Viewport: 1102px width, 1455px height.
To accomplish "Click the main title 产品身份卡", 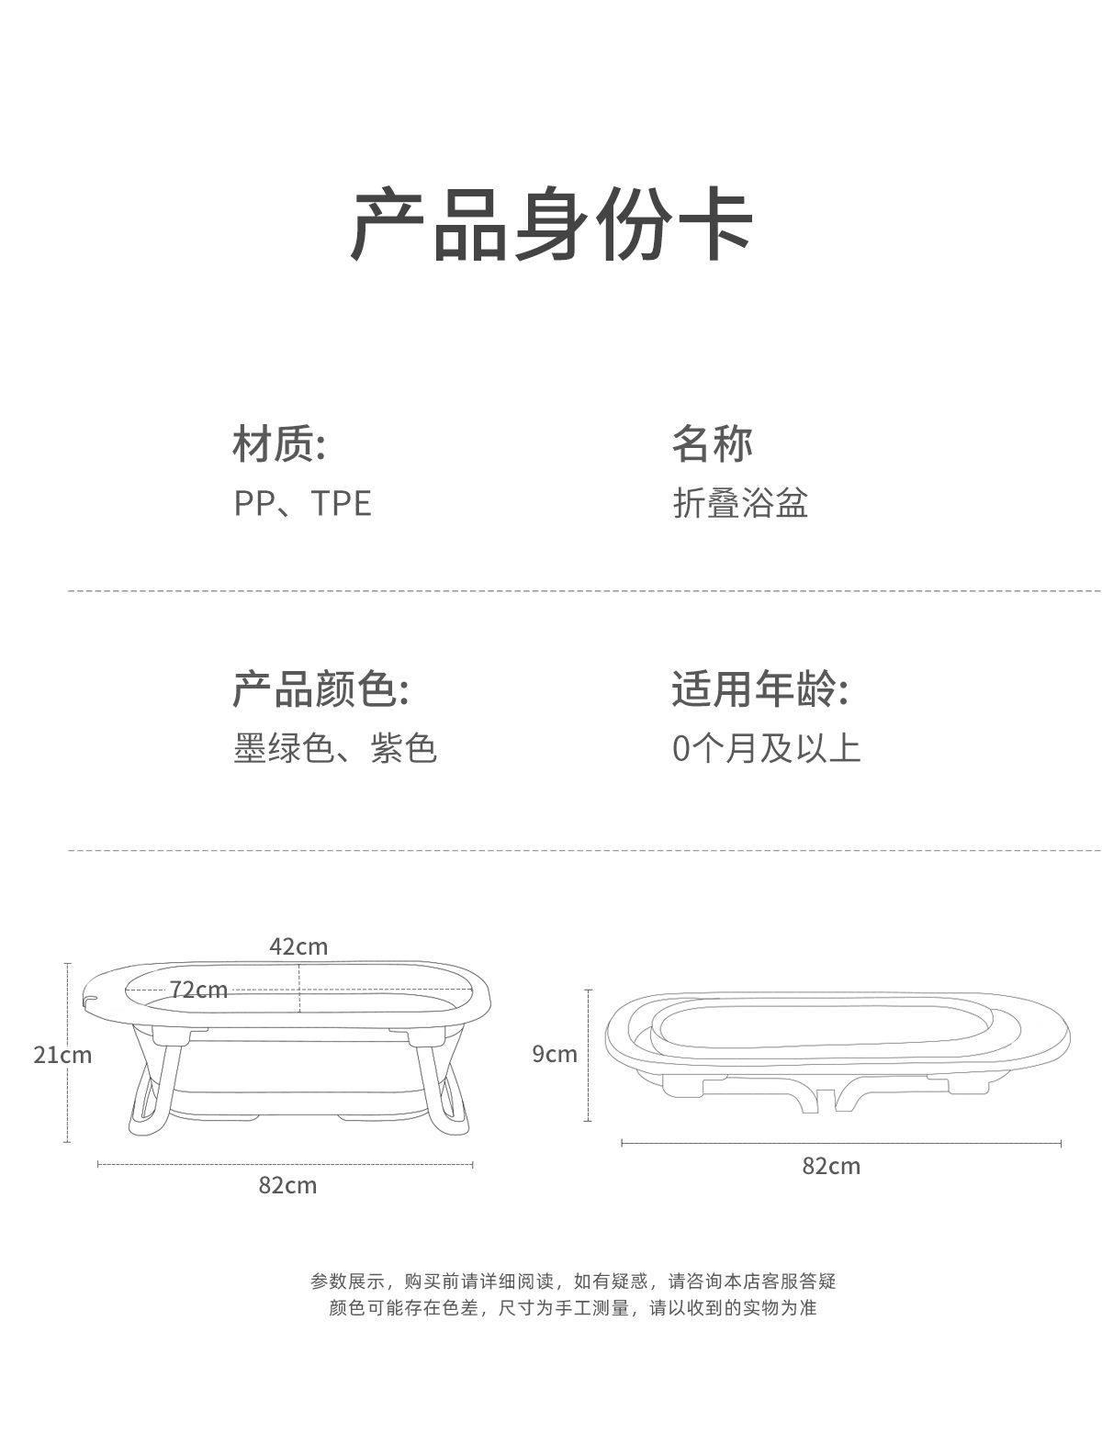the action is click(552, 224).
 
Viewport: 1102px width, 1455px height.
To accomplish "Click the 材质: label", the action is click(279, 443).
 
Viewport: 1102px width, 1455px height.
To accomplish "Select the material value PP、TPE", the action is click(302, 504).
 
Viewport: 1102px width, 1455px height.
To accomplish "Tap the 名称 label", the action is click(712, 443).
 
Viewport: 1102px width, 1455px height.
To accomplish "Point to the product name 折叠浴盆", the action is click(740, 504).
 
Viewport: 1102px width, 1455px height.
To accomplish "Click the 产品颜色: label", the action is click(320, 689).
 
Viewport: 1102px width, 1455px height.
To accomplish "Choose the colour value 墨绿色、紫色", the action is click(334, 749).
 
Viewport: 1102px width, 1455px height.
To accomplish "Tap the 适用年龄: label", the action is click(759, 689).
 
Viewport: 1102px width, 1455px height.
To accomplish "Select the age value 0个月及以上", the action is click(766, 749).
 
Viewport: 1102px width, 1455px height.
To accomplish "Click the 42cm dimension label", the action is click(298, 946).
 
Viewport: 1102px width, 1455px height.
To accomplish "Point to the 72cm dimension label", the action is click(198, 990).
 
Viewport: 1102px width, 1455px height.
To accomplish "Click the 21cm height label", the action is click(62, 1055).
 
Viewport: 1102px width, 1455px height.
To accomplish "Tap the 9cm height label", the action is click(555, 1054).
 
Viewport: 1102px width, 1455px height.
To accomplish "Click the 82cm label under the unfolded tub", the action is click(287, 1185).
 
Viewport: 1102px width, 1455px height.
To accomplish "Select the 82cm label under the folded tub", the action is click(831, 1166).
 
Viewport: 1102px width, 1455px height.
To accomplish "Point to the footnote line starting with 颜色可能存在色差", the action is click(573, 1308).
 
